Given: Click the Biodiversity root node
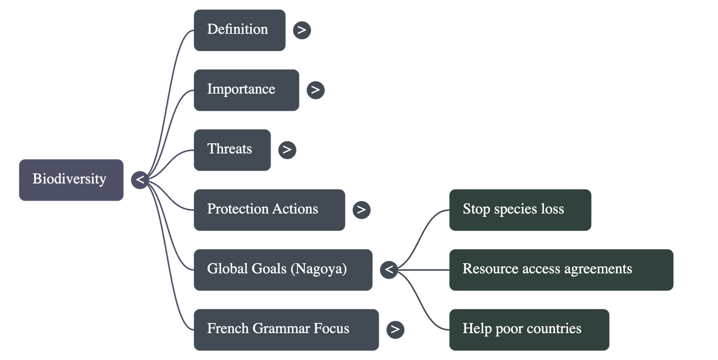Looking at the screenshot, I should [x=71, y=180].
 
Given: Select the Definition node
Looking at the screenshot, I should [x=240, y=30].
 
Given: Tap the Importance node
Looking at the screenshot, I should [x=246, y=90].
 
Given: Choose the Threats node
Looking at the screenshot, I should [x=232, y=149].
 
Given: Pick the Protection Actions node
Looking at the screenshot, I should [x=269, y=210].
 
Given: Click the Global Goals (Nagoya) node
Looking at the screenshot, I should [x=283, y=269].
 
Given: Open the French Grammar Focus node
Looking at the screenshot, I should [x=286, y=329].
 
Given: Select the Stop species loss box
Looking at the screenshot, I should [x=520, y=210].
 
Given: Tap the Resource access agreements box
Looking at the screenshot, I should [x=561, y=269].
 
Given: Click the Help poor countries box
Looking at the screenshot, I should [x=529, y=329].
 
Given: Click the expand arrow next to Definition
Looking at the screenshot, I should [x=302, y=30].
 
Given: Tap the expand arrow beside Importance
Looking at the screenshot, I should [x=315, y=90].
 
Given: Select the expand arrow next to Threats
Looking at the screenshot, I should [x=287, y=149].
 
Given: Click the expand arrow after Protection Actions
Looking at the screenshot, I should [x=361, y=210].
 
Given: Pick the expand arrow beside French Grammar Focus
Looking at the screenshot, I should [x=395, y=329].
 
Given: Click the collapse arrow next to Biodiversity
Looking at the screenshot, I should [x=140, y=180].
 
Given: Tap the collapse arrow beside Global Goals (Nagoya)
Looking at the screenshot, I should [x=389, y=269].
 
